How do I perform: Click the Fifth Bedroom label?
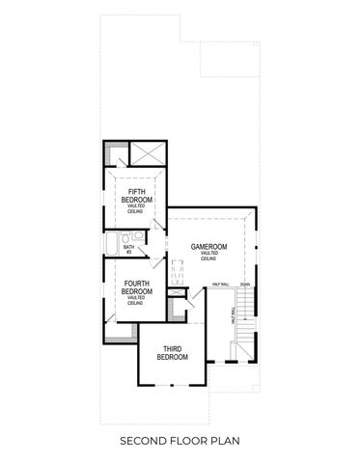click(x=136, y=197)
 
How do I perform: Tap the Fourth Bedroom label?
click(x=136, y=286)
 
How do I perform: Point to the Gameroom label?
click(x=208, y=247)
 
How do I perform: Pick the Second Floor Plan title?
click(x=180, y=441)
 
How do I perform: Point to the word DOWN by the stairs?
click(x=245, y=285)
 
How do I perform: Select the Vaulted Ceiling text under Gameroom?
click(x=208, y=257)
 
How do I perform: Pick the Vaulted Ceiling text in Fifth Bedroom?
click(x=136, y=210)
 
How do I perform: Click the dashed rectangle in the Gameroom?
click(x=176, y=271)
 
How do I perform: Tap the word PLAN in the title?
click(x=225, y=441)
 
